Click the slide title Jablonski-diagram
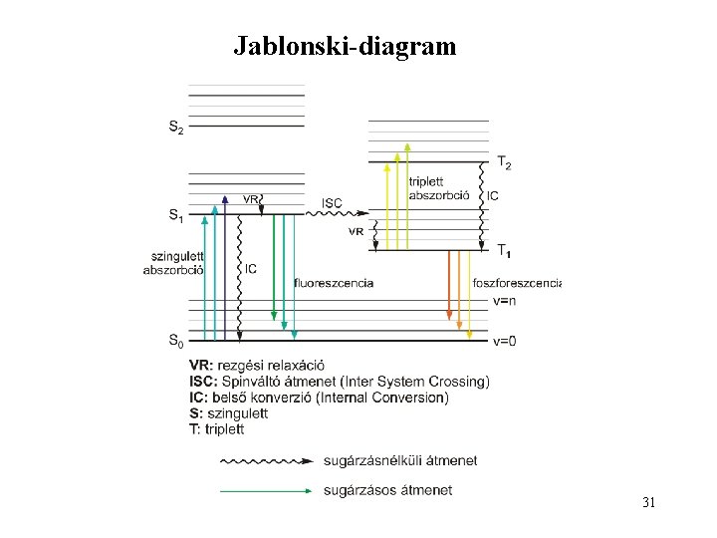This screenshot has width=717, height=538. tap(345, 46)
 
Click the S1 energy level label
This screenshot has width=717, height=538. tap(175, 214)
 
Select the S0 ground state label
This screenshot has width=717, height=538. tap(175, 342)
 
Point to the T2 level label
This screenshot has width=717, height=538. tap(505, 162)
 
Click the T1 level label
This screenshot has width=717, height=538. tap(505, 249)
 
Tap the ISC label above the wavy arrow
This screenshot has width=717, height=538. tap(332, 203)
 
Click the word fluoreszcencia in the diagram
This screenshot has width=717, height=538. tap(334, 283)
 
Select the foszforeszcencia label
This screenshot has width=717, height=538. tap(517, 283)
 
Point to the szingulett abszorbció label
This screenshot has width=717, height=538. tap(174, 263)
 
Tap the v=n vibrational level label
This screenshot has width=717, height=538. tap(505, 300)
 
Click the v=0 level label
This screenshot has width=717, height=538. tap(505, 342)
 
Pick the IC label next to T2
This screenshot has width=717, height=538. tap(493, 195)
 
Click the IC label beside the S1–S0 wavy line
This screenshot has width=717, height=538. tap(251, 269)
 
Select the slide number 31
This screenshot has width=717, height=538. tap(648, 502)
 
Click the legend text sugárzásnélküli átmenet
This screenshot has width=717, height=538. tap(400, 460)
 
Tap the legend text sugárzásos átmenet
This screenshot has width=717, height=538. tap(388, 490)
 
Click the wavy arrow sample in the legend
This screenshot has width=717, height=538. tap(266, 461)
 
